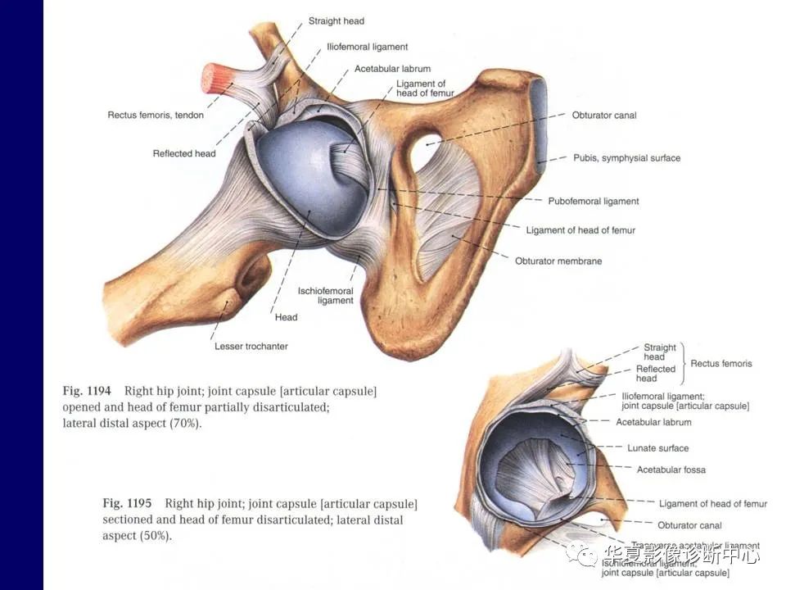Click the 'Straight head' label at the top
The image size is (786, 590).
point(336,20)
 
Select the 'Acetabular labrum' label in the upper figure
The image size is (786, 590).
point(392,69)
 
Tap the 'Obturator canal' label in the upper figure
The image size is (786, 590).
point(603,116)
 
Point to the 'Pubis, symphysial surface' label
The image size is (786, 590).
point(626,158)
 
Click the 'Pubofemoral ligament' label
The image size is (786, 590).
point(593,201)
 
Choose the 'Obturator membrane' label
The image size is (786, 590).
point(558,261)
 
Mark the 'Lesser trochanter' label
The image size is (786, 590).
point(251,347)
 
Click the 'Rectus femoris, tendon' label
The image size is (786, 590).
point(156,116)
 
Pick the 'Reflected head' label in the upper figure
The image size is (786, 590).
point(184,153)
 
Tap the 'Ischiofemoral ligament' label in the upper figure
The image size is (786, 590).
point(325,296)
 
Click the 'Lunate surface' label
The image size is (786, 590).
point(657,448)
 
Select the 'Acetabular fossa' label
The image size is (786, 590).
point(671,470)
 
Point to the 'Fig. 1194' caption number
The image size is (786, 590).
point(89,392)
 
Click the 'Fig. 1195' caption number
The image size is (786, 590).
point(127,503)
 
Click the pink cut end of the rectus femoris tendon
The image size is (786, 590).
point(215,79)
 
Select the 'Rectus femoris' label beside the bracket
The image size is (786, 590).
point(720,363)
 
